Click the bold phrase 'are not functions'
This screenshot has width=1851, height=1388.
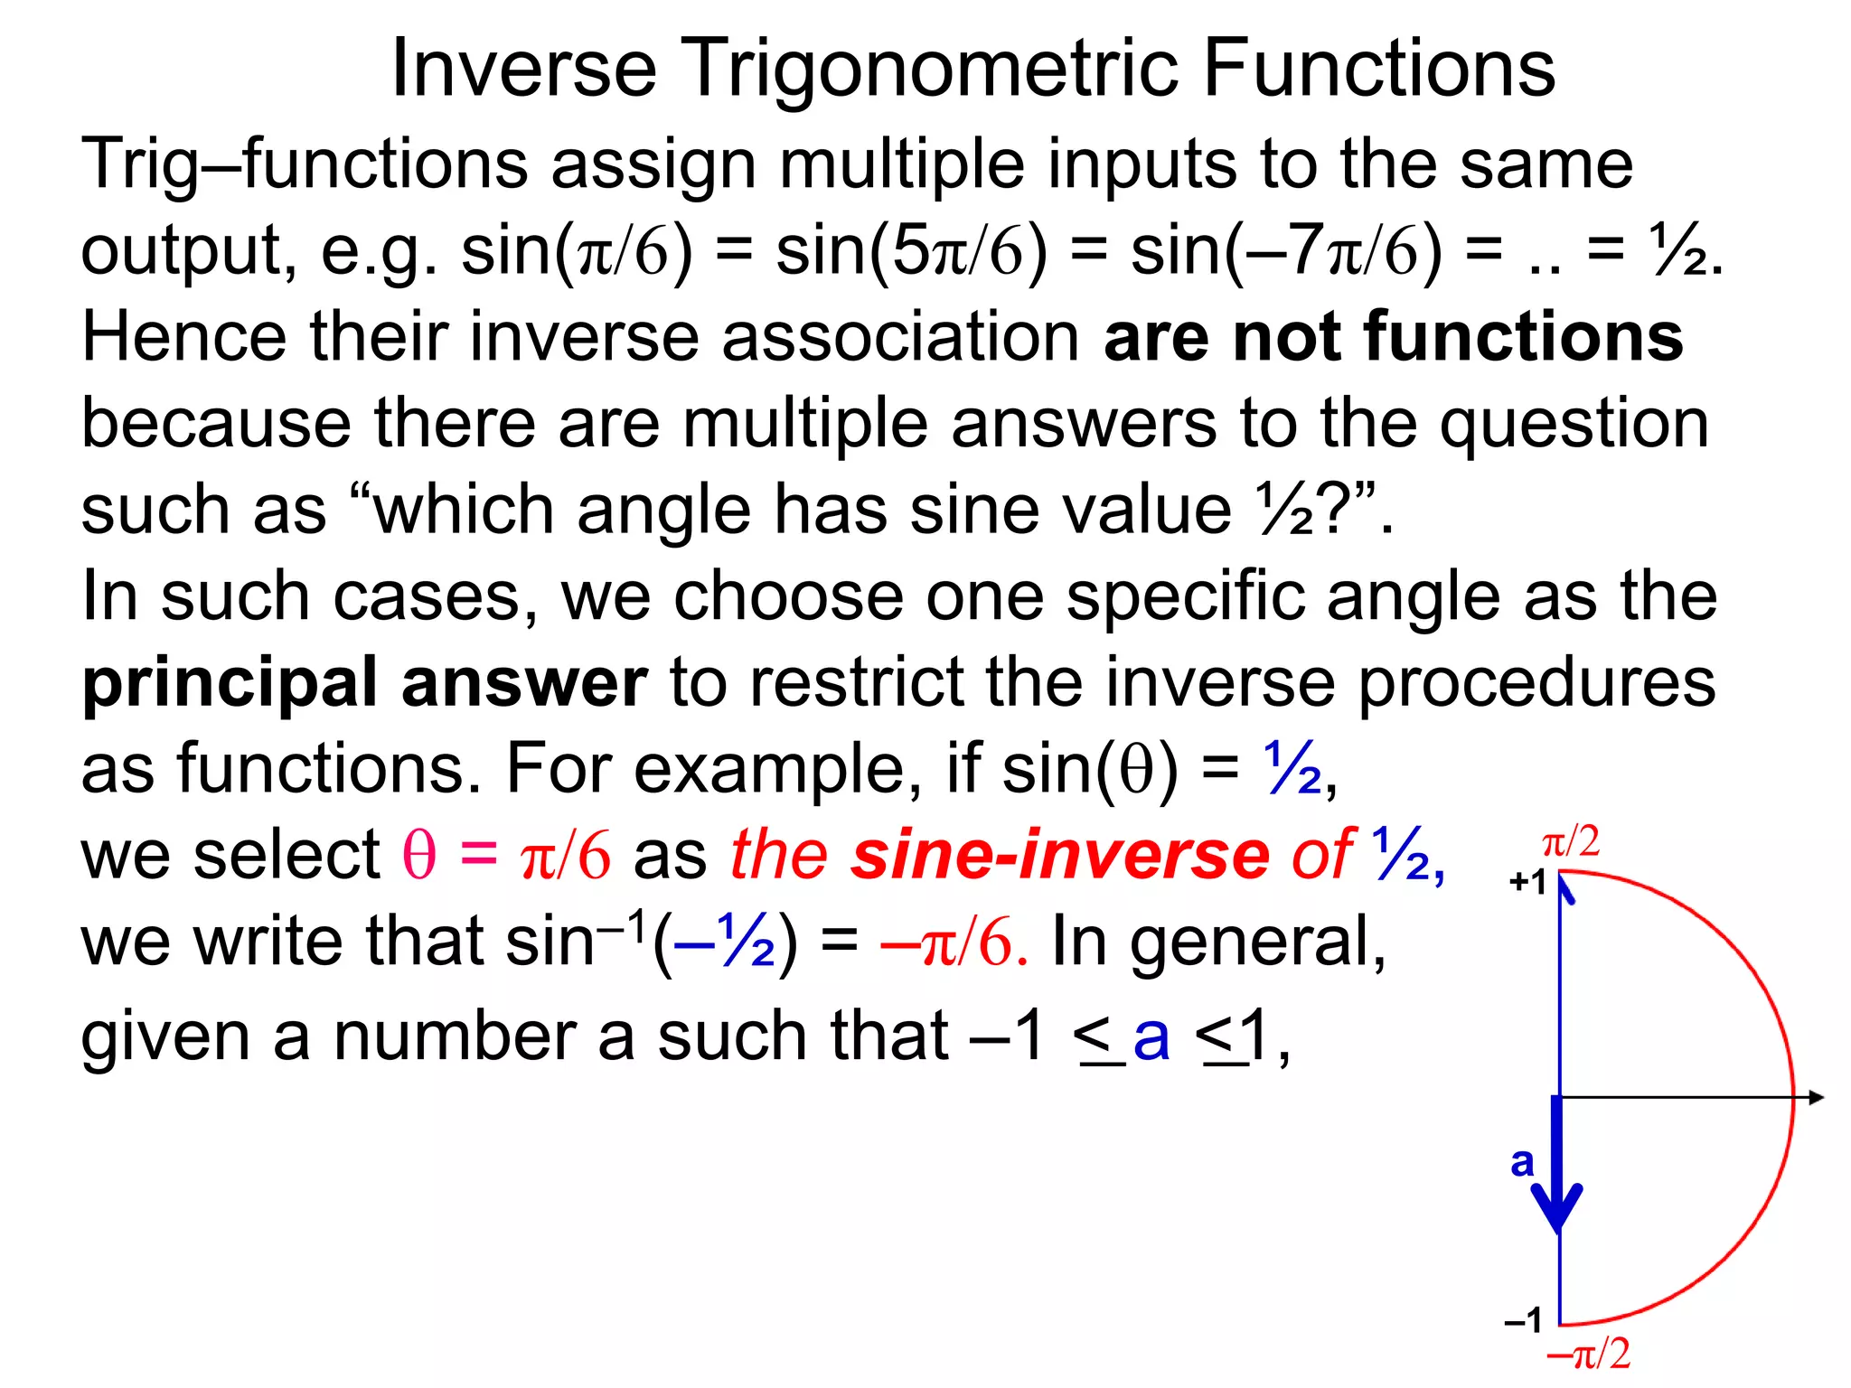[x=1393, y=336]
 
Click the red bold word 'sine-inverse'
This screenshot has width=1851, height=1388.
[x=1060, y=855]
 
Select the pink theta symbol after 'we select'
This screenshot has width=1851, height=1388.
[x=418, y=855]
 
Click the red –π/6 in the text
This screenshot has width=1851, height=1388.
[x=954, y=943]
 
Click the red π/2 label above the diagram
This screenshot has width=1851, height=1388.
[x=1571, y=842]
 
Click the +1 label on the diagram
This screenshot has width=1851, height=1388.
[x=1527, y=882]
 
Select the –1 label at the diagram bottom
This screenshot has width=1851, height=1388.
[x=1524, y=1320]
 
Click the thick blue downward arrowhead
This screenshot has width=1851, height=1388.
[x=1557, y=1206]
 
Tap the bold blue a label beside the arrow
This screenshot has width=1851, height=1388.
[x=1522, y=1161]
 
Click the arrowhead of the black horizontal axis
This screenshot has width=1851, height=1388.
[x=1816, y=1098]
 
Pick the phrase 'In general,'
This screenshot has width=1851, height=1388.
[x=1218, y=943]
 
